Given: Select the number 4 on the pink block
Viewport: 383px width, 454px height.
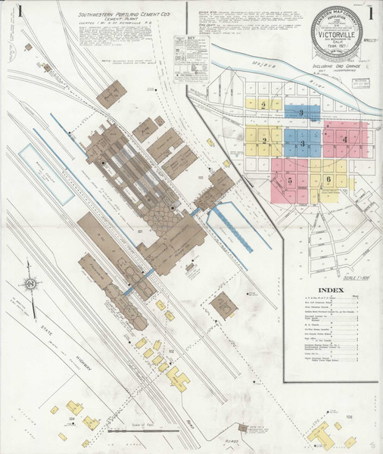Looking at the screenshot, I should pyautogui.click(x=344, y=140).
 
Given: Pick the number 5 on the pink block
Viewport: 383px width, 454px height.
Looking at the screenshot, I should pyautogui.click(x=290, y=181).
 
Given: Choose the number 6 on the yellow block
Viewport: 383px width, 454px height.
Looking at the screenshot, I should pyautogui.click(x=328, y=179).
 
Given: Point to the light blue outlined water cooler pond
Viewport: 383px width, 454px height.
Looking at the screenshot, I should pyautogui.click(x=46, y=173).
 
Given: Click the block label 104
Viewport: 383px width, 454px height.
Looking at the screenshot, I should pyautogui.click(x=72, y=417).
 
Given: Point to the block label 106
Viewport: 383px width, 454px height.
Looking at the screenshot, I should pyautogui.click(x=350, y=415).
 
